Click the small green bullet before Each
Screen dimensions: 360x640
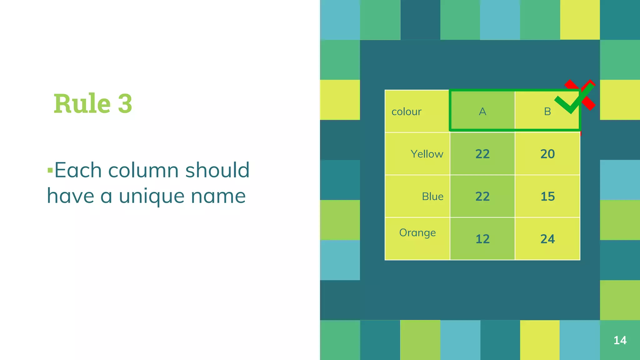tap(50, 170)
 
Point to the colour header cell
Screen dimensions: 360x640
tap(406, 112)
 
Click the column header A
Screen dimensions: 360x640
tap(482, 112)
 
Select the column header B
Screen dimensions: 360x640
tap(547, 112)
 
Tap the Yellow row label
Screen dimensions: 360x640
tap(427, 154)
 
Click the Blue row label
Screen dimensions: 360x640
tap(432, 197)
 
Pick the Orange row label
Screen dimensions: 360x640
tap(417, 233)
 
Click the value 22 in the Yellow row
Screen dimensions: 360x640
tap(482, 154)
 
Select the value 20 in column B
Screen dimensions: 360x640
tap(547, 154)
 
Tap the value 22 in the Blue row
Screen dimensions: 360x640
tap(482, 197)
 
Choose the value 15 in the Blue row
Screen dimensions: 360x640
tap(547, 197)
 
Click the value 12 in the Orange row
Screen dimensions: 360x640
tap(482, 239)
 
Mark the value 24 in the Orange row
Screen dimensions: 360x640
tap(547, 239)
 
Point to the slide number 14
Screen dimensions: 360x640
tap(620, 340)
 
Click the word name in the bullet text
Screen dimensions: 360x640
tap(218, 196)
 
